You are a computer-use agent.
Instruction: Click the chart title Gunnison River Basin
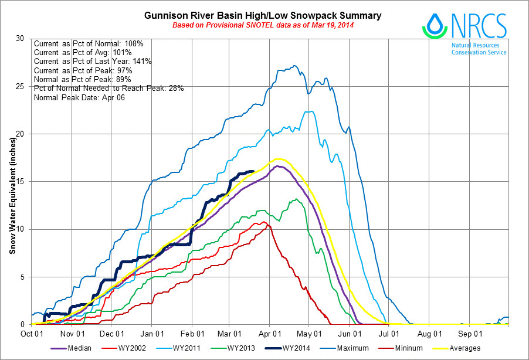pyautogui.click(x=263, y=15)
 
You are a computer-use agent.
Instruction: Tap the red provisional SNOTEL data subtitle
pyautogui.click(x=263, y=26)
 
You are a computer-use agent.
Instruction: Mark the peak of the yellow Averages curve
pyautogui.click(x=279, y=159)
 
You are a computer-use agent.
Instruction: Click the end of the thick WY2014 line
pyautogui.click(x=253, y=171)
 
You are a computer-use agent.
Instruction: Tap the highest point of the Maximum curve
pyautogui.click(x=294, y=66)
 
